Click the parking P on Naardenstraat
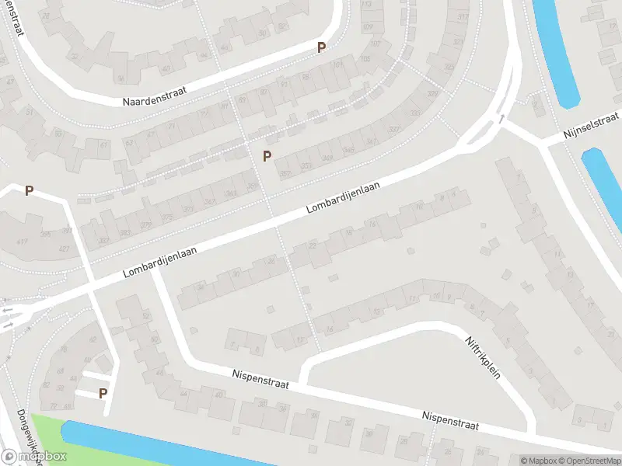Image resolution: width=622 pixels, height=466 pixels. click(320, 47)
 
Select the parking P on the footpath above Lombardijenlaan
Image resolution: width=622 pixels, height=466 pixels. click(267, 156)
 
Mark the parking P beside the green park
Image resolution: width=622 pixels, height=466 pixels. click(103, 394)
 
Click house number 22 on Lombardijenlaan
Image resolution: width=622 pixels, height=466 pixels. click(313, 246)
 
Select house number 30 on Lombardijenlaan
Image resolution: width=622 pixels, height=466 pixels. click(236, 274)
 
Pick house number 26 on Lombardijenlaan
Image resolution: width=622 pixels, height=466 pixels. click(271, 262)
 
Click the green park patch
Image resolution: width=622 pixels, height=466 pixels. click(47, 435)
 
